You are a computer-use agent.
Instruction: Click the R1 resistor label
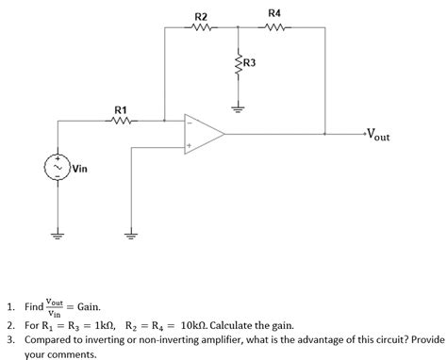pos(122,109)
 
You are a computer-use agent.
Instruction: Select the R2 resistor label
pos(200,16)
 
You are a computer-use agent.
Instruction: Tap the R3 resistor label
pos(250,63)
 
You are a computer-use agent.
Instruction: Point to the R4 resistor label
pos(273,13)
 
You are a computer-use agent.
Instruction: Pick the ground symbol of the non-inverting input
pos(131,235)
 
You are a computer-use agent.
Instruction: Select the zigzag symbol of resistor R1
pos(123,121)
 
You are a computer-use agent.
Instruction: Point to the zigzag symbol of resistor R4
pos(273,27)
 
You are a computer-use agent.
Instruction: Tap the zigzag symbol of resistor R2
pos(201,27)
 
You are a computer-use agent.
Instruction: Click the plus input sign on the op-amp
pos(190,146)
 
